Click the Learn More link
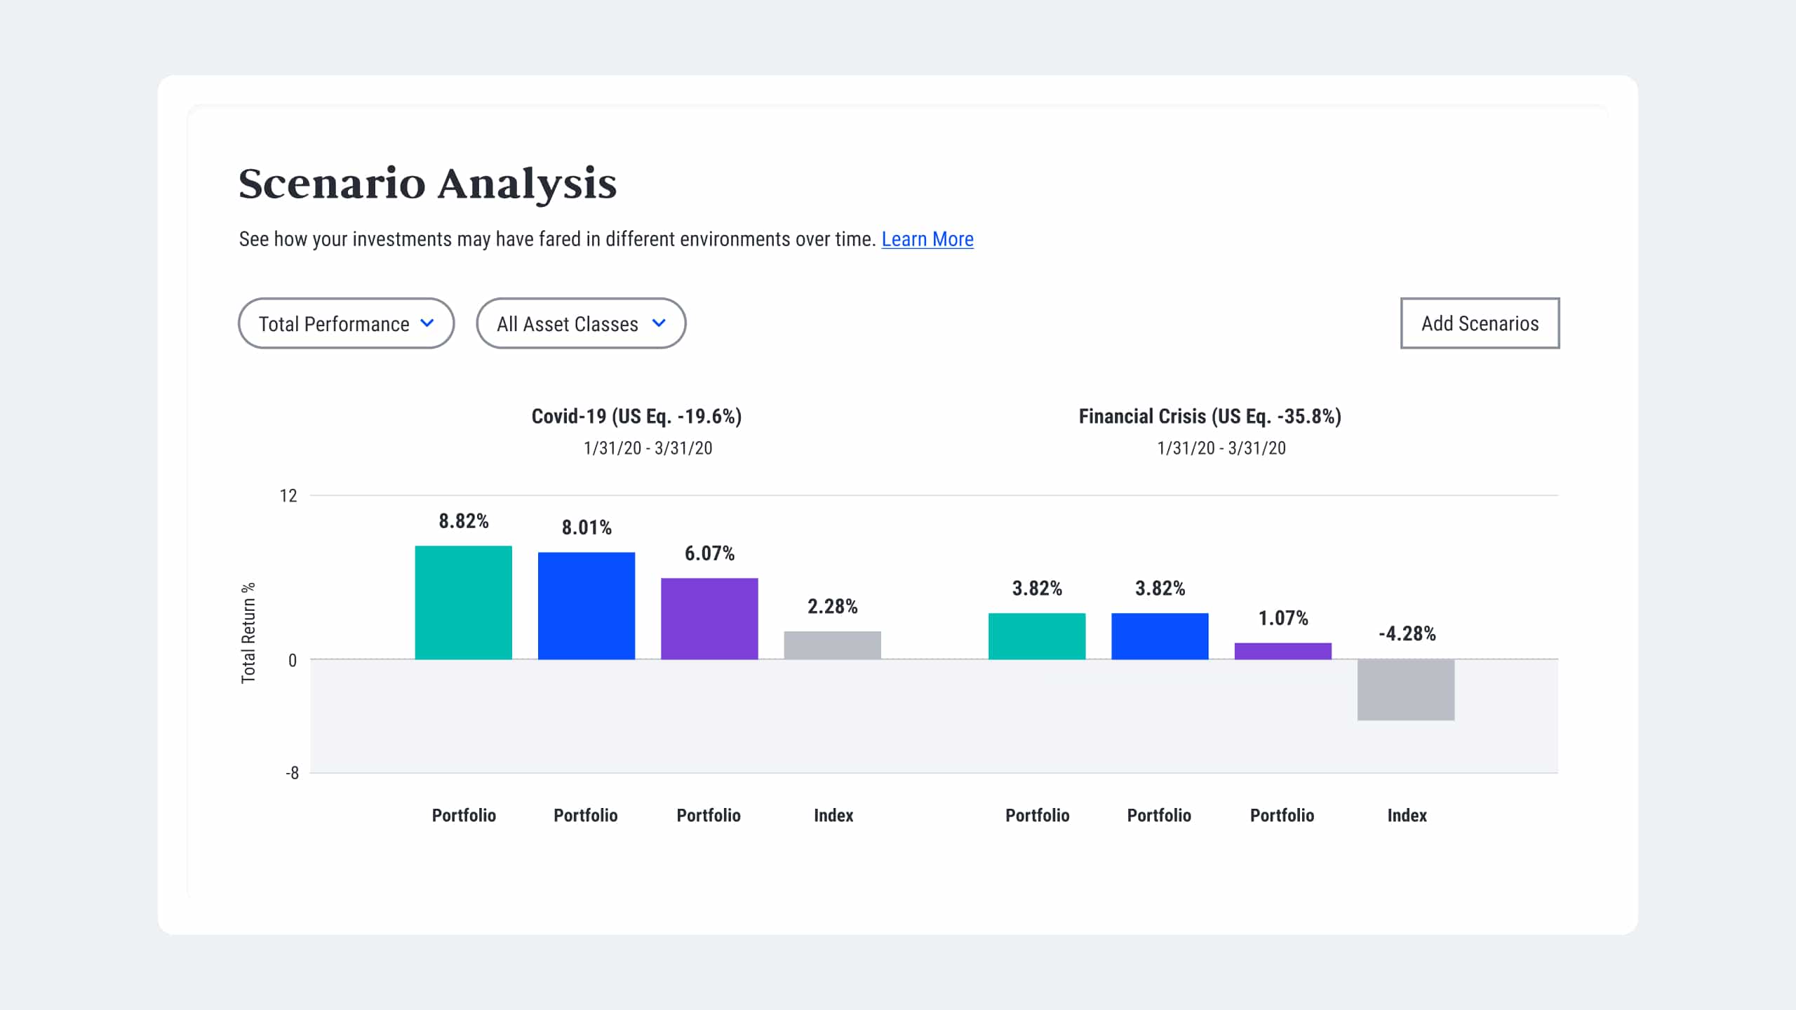click(x=927, y=239)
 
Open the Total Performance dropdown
click(x=346, y=323)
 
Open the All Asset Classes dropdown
click(x=580, y=323)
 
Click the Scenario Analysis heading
click(x=427, y=184)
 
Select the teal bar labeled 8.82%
click(x=463, y=602)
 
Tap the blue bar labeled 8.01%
click(x=586, y=606)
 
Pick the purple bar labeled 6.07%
click(x=709, y=619)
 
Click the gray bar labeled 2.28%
click(x=832, y=645)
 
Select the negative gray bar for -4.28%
click(x=1405, y=689)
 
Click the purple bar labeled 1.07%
click(x=1282, y=651)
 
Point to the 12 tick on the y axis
click(x=288, y=496)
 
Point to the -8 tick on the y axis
click(x=292, y=773)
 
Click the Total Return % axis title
click(x=248, y=633)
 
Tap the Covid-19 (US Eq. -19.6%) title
click(x=636, y=417)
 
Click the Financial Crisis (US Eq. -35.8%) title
click(x=1209, y=417)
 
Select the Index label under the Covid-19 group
click(x=833, y=815)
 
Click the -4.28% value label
click(x=1407, y=634)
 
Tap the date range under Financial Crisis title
click(x=1221, y=448)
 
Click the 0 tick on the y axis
click(x=292, y=660)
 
